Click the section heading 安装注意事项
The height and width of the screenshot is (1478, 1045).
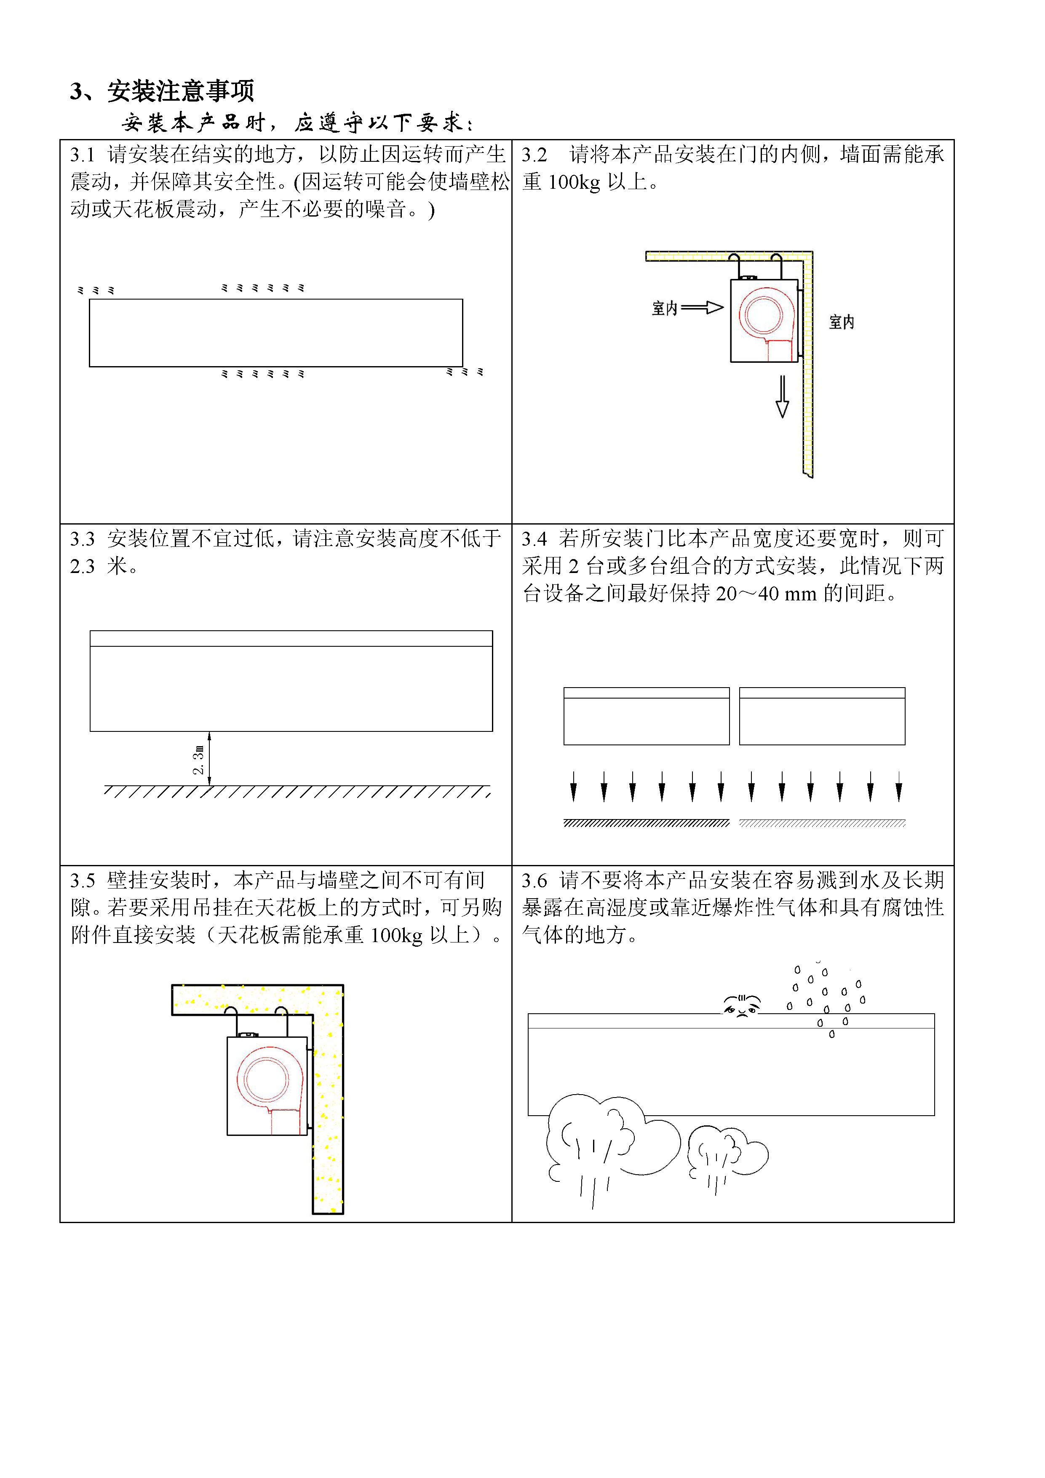coord(181,91)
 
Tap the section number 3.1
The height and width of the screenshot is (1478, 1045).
coord(83,155)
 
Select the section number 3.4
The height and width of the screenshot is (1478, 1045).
coord(534,538)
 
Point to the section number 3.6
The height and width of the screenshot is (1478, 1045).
coord(534,880)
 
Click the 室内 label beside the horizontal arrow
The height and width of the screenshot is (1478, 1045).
coord(665,308)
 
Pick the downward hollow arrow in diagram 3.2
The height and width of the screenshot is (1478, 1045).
coord(783,396)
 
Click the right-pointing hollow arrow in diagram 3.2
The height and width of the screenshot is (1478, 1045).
coord(702,308)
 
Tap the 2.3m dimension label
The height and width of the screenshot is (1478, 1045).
coord(199,760)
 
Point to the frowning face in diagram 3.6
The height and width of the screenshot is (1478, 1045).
coord(742,1005)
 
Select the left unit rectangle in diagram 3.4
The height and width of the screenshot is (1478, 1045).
coord(647,716)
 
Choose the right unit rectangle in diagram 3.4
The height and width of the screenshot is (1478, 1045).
coord(822,716)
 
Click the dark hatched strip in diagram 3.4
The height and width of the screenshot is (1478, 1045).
coord(647,823)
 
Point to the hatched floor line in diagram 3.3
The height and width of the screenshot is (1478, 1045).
coord(297,791)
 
